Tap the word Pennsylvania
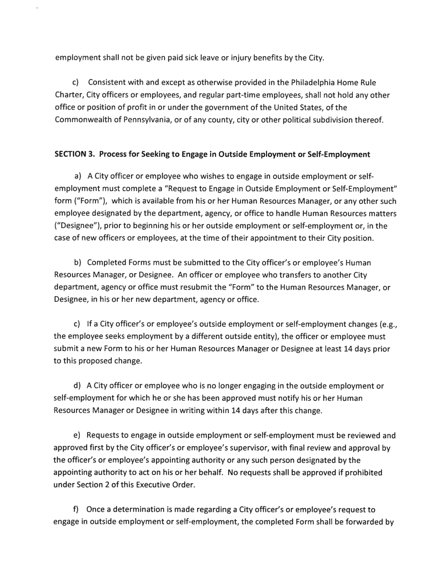(141, 120)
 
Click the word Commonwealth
(86, 120)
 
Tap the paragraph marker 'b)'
(79, 262)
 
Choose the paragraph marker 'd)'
(79, 386)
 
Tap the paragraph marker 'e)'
(79, 435)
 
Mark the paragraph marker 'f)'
(78, 509)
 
